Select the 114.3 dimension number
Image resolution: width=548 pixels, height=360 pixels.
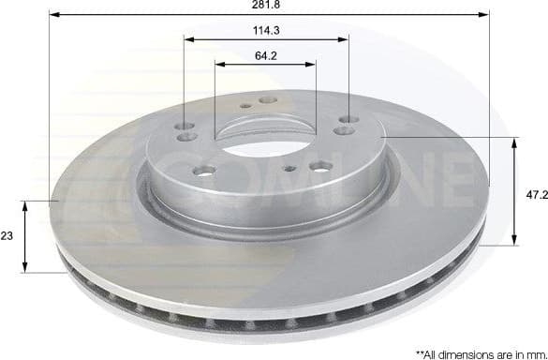coord(267,31)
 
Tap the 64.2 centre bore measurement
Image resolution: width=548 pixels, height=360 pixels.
coord(267,55)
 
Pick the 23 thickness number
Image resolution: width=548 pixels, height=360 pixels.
coord(7,236)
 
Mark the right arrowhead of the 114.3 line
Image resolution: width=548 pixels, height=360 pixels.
coord(346,40)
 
